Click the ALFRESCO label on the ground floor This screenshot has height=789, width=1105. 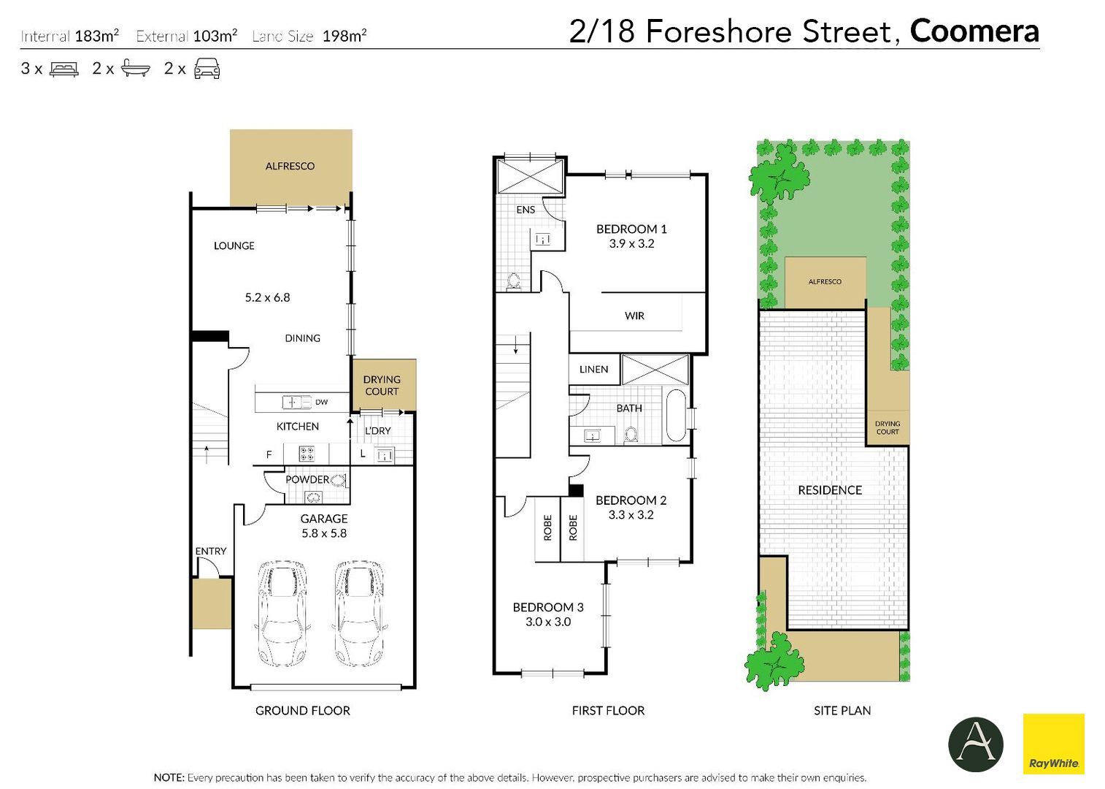point(290,167)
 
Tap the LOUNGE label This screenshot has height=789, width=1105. point(234,246)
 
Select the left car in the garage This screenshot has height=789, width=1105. point(283,614)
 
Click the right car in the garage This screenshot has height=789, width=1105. point(358,614)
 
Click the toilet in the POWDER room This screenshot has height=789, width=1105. point(339,480)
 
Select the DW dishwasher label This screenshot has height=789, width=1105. point(322,403)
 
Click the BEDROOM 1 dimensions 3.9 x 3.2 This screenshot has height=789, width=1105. point(631,243)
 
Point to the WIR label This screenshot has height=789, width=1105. point(634,316)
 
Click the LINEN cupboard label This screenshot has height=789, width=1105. point(593,370)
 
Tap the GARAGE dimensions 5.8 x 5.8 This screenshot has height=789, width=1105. point(324,533)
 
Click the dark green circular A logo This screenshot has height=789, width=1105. point(976,744)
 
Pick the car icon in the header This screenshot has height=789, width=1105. point(207,69)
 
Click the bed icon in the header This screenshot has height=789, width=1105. point(64,69)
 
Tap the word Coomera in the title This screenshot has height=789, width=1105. point(974,31)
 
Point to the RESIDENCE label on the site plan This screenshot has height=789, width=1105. point(830,490)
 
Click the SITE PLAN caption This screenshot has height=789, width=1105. point(842,711)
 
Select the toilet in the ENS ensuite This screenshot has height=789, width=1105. point(514,282)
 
